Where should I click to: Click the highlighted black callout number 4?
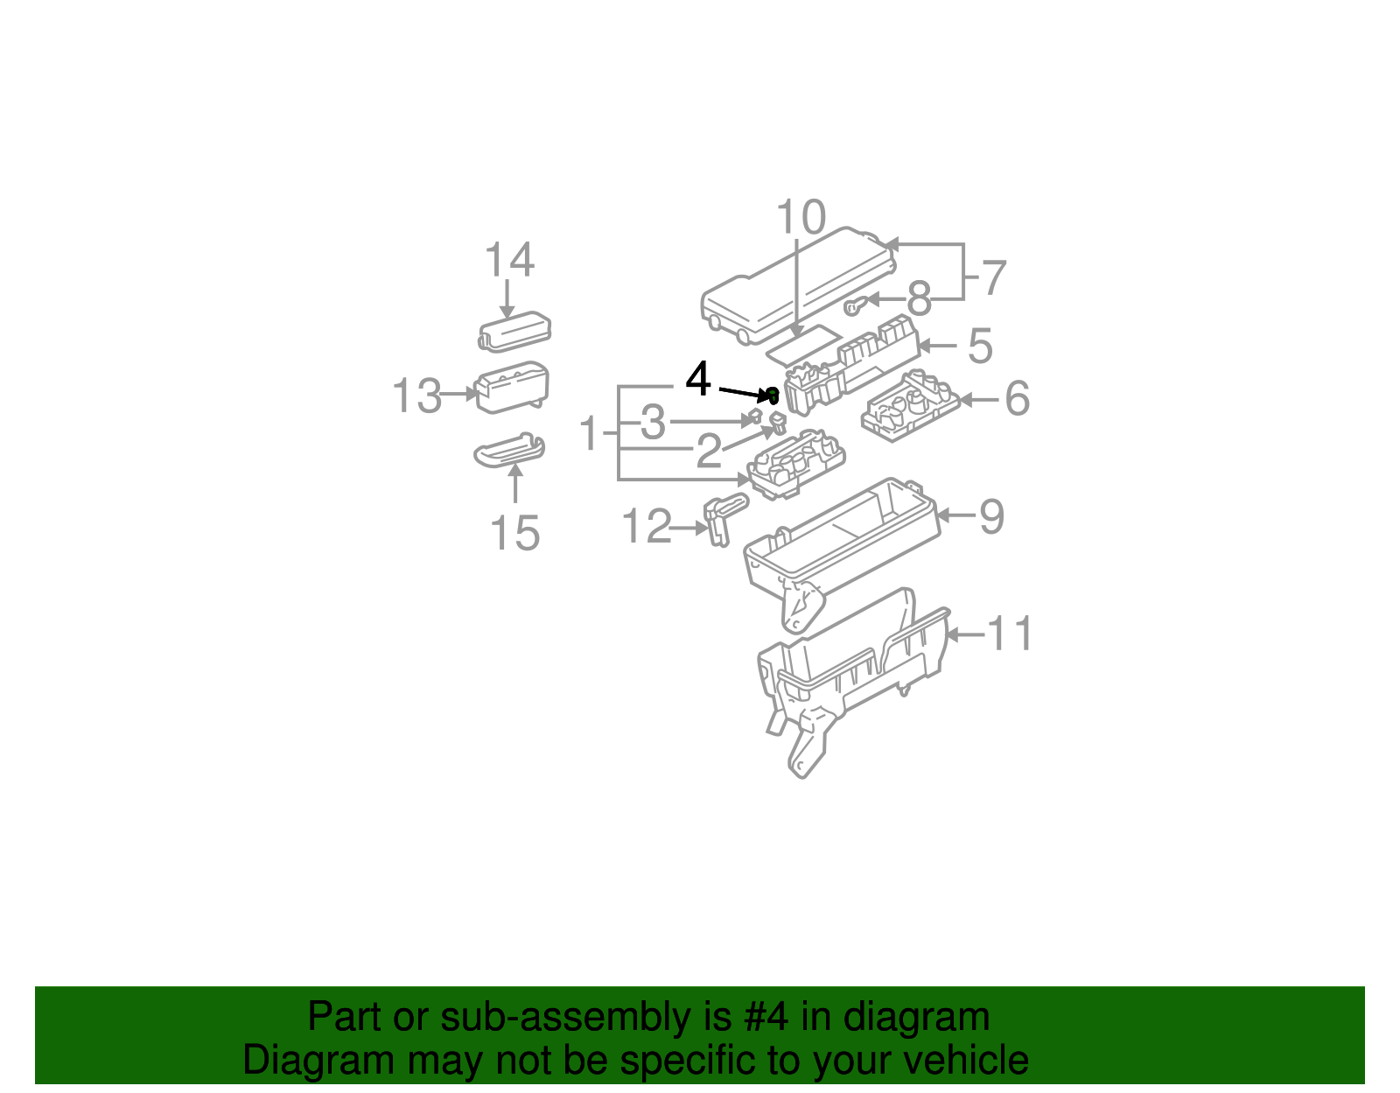(697, 380)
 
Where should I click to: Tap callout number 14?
(509, 261)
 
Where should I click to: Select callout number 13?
(416, 396)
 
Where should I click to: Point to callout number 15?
(514, 533)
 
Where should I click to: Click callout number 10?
(801, 217)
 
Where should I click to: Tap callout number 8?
(919, 299)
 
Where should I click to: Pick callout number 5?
(980, 346)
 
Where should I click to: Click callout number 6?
(1017, 399)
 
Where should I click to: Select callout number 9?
(990, 516)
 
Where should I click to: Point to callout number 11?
(1010, 634)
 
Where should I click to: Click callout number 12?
(646, 527)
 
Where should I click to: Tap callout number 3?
(653, 423)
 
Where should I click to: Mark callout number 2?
(709, 452)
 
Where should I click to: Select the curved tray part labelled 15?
(509, 451)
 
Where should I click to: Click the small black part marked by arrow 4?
(773, 396)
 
